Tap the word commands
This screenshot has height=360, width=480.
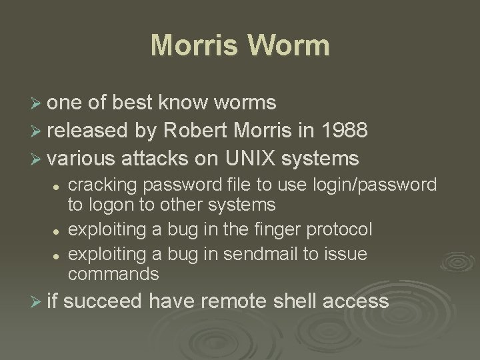click(114, 274)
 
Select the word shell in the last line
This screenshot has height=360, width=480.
click(293, 301)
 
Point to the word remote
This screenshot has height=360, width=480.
click(227, 301)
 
